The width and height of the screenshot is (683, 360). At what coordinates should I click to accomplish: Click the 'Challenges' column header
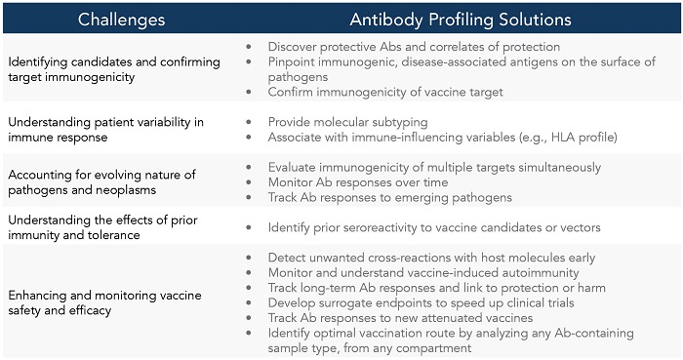(121, 19)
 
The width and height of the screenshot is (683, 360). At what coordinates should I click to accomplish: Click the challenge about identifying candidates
(114, 69)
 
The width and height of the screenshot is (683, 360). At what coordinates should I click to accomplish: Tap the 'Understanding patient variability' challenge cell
(106, 129)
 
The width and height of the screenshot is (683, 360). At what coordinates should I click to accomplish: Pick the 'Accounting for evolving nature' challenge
(102, 181)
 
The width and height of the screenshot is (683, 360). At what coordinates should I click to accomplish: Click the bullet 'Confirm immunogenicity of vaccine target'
(385, 92)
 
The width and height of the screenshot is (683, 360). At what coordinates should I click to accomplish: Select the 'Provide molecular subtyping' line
(351, 122)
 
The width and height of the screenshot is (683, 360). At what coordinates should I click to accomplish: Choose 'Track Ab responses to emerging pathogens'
(389, 197)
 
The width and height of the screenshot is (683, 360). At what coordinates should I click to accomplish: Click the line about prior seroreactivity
(434, 227)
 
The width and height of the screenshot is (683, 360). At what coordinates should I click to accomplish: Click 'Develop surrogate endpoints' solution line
(429, 302)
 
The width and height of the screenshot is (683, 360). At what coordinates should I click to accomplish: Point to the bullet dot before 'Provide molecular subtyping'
(252, 122)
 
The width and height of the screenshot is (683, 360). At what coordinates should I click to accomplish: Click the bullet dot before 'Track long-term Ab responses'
(252, 288)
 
